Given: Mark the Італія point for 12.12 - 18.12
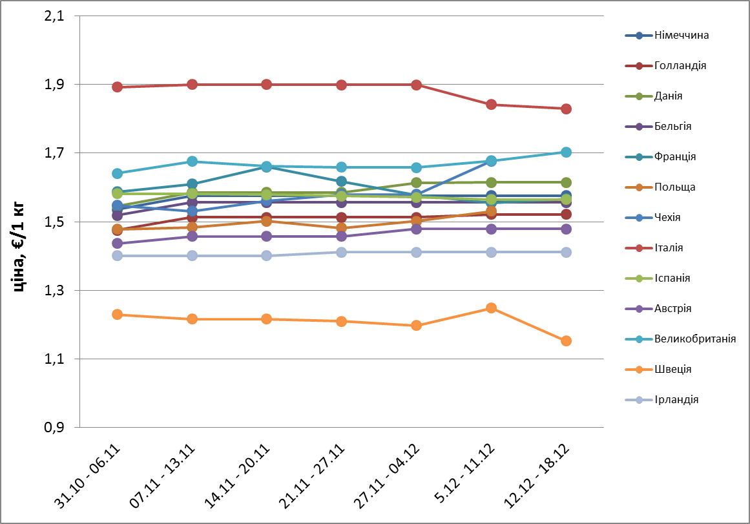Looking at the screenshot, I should (566, 109).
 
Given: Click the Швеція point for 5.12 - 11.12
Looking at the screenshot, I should (491, 308).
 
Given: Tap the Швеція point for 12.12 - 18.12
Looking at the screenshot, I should (566, 341).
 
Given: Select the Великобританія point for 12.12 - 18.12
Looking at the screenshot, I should (566, 152).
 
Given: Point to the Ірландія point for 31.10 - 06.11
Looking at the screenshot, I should (118, 255).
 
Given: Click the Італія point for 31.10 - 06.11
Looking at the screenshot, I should (118, 87).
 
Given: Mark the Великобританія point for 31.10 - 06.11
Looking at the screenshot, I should (118, 173).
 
